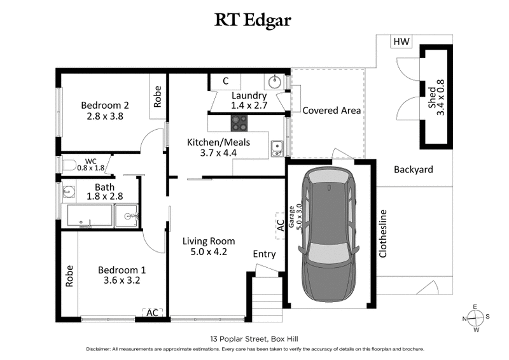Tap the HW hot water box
pos(401,43)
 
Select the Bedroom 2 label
pos(105,106)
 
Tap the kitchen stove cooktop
pos(239,122)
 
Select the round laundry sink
pos(275,81)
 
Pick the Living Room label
pos(209,241)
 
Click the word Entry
pos(264,254)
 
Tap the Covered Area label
pos(331,111)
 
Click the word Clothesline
pos(383,234)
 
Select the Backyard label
pos(413,170)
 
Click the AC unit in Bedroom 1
pos(152,312)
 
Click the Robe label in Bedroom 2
pos(158,99)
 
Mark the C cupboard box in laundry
pos(226,81)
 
